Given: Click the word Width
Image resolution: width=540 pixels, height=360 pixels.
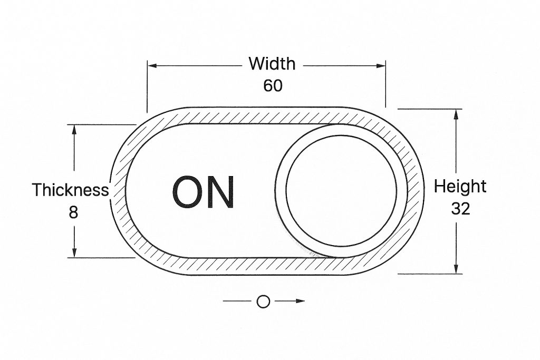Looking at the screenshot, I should click(x=272, y=64).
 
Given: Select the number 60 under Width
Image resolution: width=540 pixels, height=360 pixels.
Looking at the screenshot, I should click(x=273, y=85).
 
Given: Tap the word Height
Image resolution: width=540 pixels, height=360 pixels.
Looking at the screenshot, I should click(x=460, y=186).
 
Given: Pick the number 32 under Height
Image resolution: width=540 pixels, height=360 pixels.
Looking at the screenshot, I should click(x=460, y=209).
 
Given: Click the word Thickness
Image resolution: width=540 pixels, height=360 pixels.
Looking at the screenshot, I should click(x=71, y=190).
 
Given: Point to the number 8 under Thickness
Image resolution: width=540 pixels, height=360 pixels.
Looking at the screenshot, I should click(x=73, y=212).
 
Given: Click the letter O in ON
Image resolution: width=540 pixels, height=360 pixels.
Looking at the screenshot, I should click(x=188, y=192).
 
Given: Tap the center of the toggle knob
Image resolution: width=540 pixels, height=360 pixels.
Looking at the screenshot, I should click(x=341, y=191).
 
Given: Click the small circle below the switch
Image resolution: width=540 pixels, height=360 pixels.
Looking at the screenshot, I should click(x=263, y=301).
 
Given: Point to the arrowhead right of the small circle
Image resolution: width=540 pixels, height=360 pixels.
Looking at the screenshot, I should click(x=300, y=301).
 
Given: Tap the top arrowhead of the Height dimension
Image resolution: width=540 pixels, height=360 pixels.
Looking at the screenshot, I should click(x=456, y=114).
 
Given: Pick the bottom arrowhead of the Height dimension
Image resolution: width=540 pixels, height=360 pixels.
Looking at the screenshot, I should click(x=456, y=268).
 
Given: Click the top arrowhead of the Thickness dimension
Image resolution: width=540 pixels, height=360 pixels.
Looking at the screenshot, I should click(x=75, y=130).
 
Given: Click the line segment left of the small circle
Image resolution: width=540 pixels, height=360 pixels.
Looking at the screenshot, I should click(x=236, y=301).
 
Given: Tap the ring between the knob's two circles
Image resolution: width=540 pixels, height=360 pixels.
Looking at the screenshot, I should click(x=281, y=191).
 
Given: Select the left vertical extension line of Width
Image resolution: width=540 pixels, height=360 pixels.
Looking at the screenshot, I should click(x=147, y=87).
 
